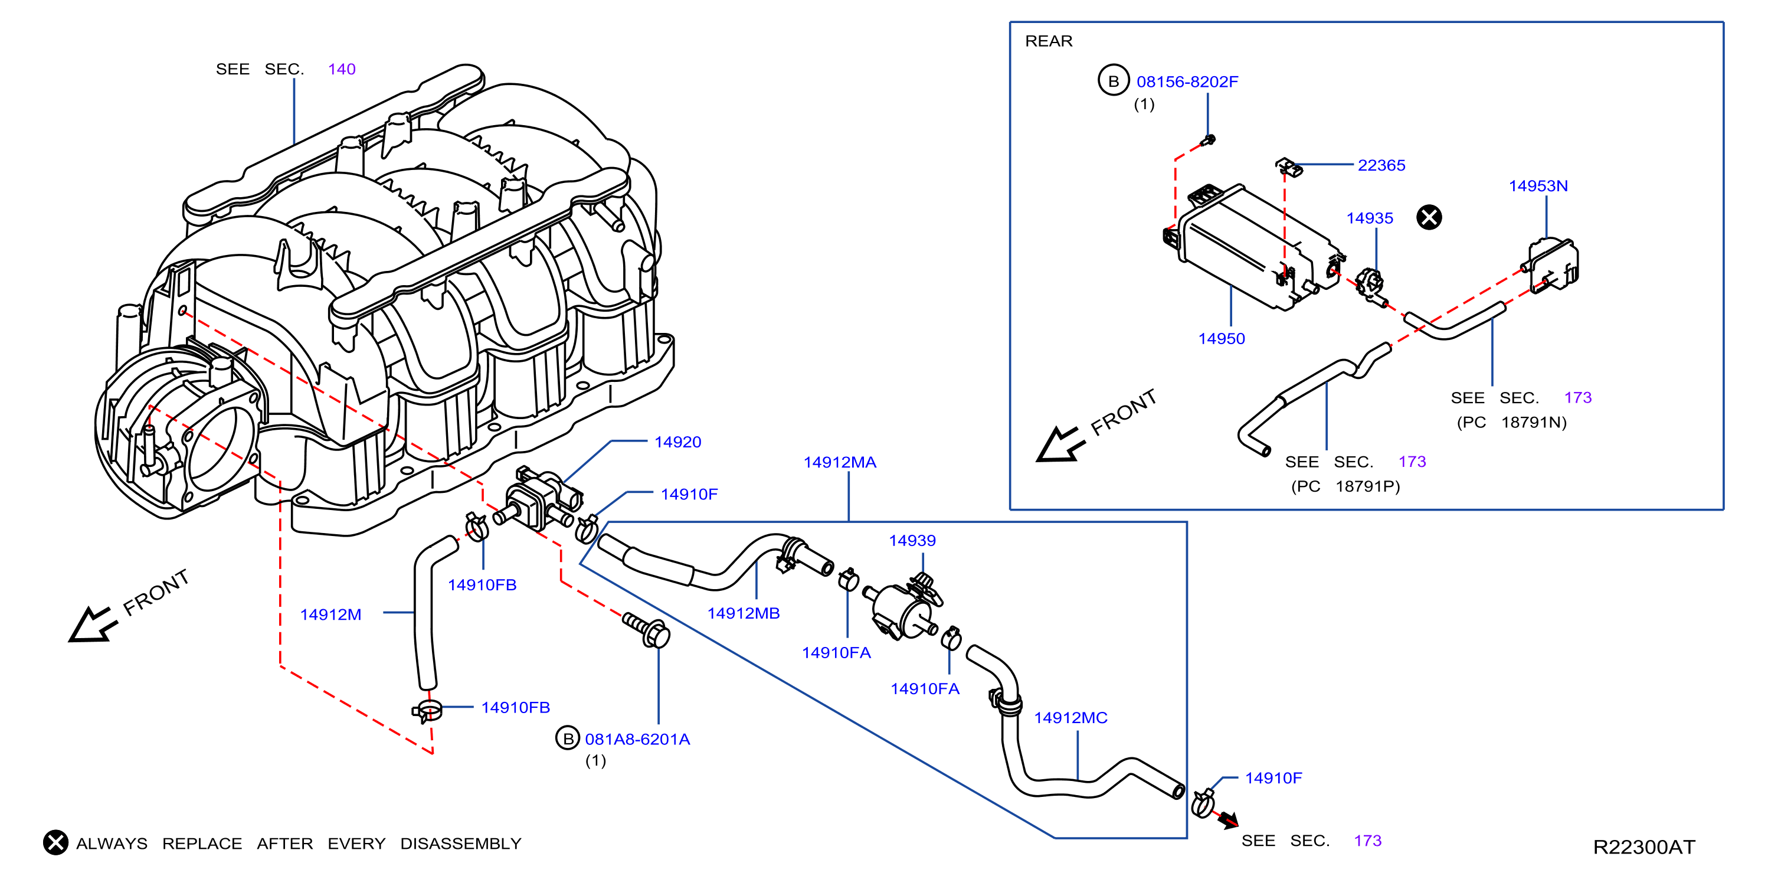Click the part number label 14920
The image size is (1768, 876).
(x=677, y=442)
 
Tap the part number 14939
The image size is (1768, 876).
(x=912, y=541)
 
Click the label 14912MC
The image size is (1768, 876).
(x=1070, y=718)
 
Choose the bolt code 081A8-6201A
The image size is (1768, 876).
(x=637, y=740)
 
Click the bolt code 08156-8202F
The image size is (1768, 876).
(x=1187, y=81)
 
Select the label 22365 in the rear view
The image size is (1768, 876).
(x=1381, y=165)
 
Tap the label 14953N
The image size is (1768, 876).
(x=1537, y=186)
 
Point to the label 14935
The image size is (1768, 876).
(x=1369, y=218)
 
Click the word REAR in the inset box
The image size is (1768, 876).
(x=1048, y=41)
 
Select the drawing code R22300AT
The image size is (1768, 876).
(x=1643, y=847)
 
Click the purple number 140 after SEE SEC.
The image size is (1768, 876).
(x=341, y=69)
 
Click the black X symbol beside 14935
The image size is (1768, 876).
(x=1429, y=218)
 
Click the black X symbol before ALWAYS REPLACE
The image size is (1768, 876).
(x=55, y=842)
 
